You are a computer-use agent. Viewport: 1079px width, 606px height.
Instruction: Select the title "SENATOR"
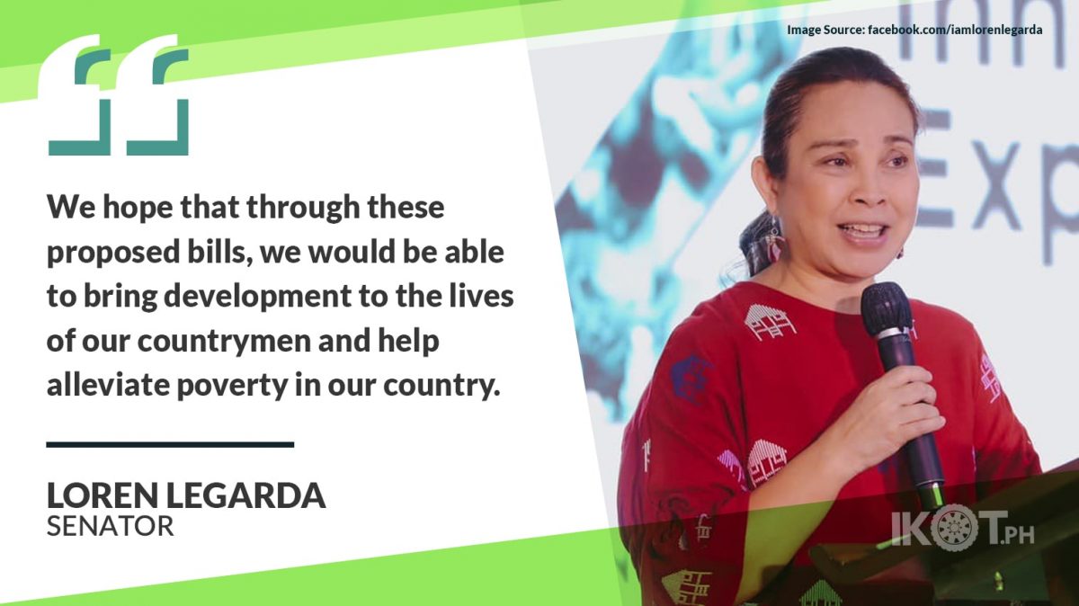click(x=111, y=526)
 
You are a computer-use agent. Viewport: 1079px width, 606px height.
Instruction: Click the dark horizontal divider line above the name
click(x=170, y=444)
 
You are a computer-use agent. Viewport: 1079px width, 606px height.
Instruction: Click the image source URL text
click(x=955, y=30)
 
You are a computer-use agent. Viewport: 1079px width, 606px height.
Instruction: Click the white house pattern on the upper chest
click(x=767, y=321)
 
